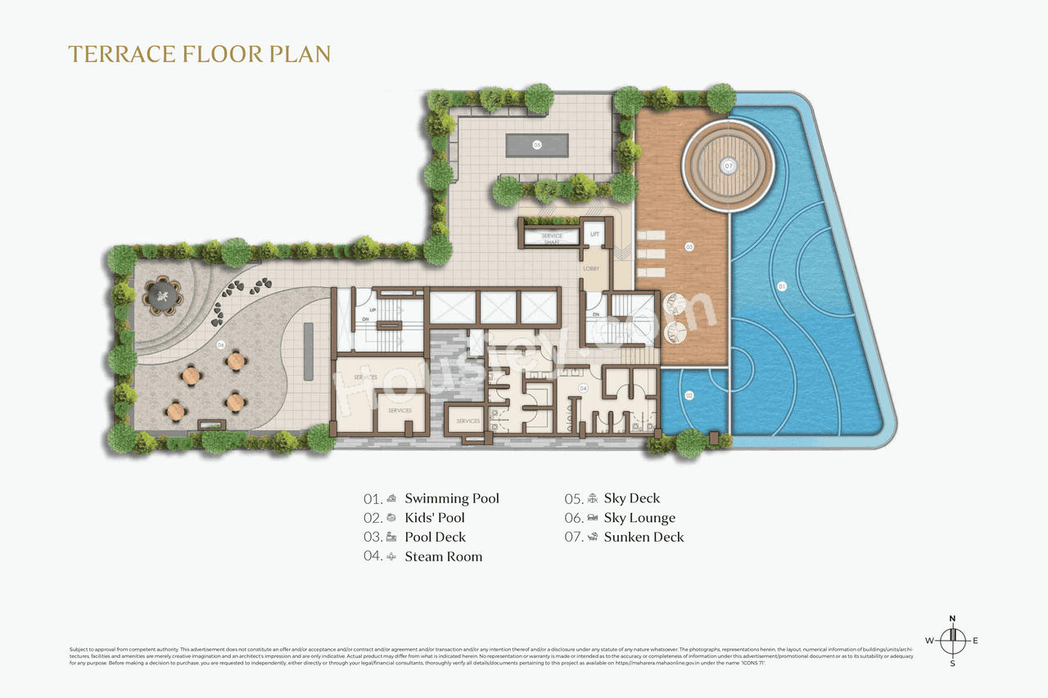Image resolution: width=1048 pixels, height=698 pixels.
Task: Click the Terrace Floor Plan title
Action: pos(199,54)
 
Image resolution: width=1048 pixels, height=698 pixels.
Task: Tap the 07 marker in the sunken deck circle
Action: pos(728,165)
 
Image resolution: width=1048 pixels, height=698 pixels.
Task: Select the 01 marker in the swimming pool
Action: pos(781,287)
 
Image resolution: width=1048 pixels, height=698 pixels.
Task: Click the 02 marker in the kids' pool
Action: pos(689,395)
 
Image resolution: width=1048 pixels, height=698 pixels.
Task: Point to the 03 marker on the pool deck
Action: pos(689,246)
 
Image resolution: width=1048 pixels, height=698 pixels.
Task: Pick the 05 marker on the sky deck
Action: pos(537,145)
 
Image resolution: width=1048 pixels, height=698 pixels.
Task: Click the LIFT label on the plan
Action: pos(595,235)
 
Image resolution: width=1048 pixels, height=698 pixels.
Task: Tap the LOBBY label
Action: pos(591,268)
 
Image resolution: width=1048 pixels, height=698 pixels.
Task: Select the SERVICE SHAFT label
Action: pos(552,239)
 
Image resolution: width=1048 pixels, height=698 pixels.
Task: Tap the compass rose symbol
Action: pos(952,640)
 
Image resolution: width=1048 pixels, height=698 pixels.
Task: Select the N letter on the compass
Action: pos(952,619)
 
